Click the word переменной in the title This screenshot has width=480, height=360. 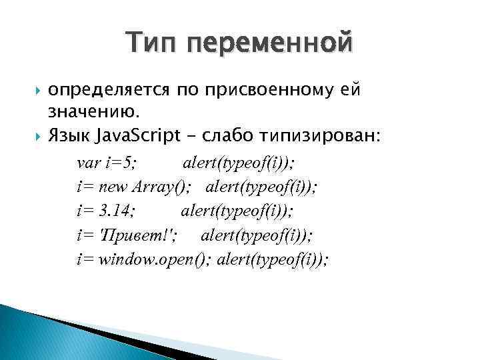point(271,45)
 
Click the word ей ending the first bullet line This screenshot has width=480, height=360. point(351,90)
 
